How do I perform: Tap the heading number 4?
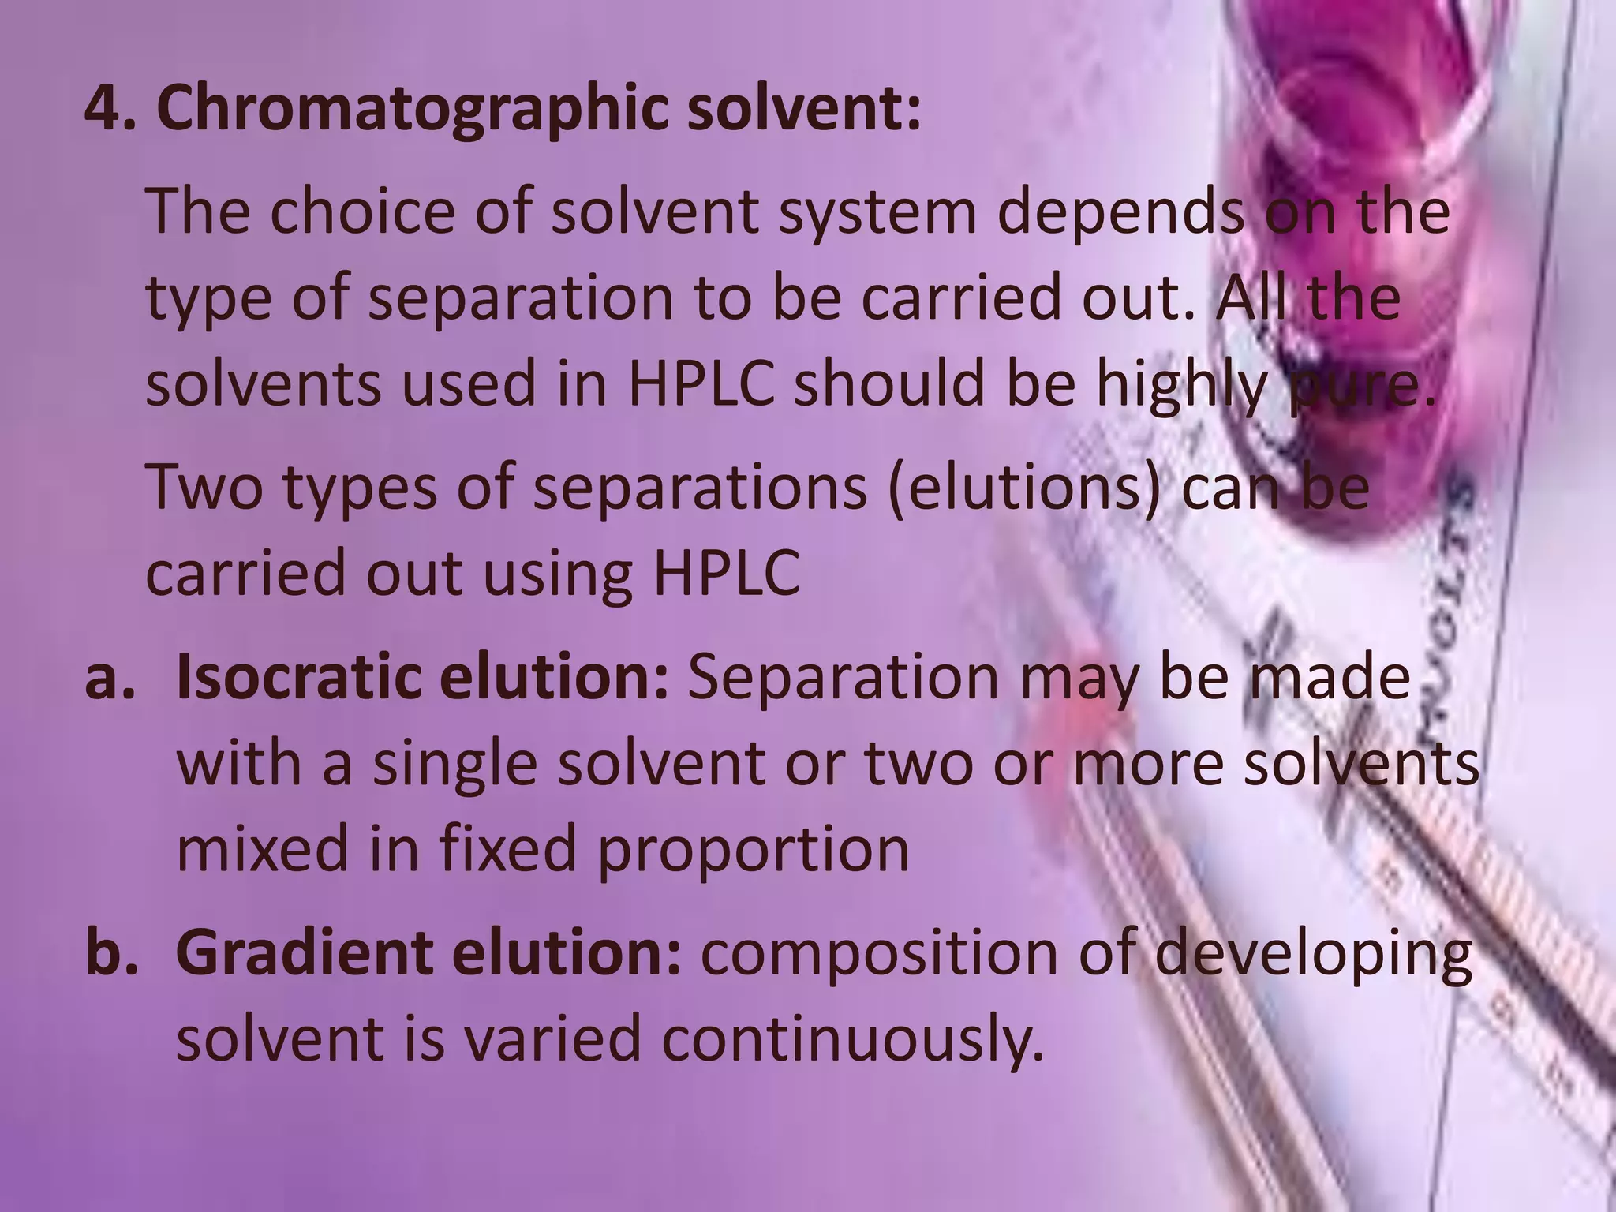tap(107, 109)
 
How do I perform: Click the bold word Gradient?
tap(305, 952)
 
